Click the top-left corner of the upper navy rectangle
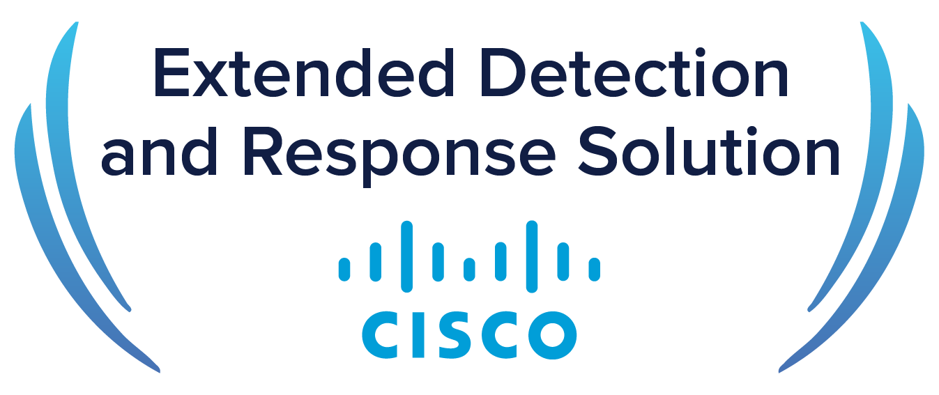pyautogui.click(x=158, y=50)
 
